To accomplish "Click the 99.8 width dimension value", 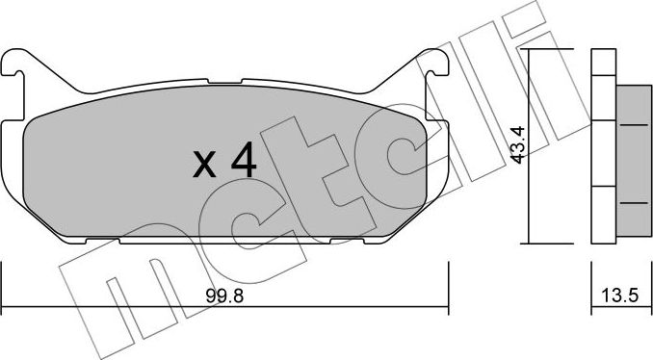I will click(x=223, y=297).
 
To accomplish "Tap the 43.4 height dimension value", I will click(x=518, y=145).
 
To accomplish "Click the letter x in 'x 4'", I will click(x=203, y=165).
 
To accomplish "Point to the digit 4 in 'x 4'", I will click(x=244, y=161).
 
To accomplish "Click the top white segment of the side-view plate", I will click(x=600, y=63).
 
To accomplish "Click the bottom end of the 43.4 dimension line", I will click(x=533, y=242).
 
